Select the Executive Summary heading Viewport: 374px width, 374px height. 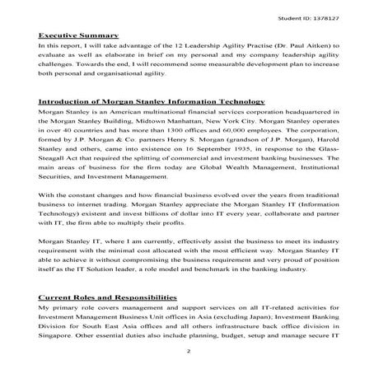tap(77, 36)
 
